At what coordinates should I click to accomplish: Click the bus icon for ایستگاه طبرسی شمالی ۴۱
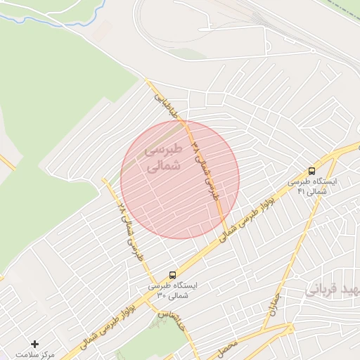tap(311, 170)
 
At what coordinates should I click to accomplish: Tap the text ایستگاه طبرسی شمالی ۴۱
tap(312, 186)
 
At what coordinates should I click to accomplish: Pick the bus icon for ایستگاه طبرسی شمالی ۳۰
tap(173, 275)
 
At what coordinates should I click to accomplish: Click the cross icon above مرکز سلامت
tap(35, 343)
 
